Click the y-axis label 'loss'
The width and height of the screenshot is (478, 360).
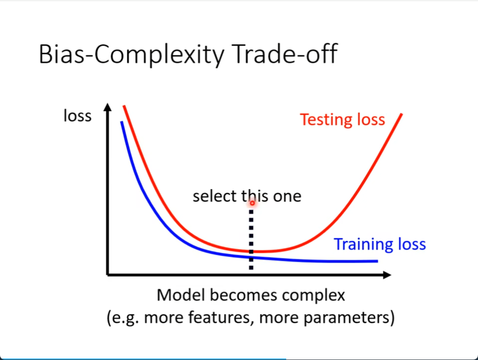[x=78, y=116]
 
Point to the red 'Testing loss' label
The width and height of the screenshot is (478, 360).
[x=343, y=119]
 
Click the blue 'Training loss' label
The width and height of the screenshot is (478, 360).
[x=380, y=244]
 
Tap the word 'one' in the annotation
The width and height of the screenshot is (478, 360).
[x=287, y=197]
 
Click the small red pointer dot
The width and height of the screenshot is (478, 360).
[x=252, y=203]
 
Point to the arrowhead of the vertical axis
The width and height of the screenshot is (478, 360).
[x=108, y=107]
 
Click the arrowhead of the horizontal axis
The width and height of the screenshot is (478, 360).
[x=387, y=275]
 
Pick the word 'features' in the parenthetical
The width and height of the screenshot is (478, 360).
[x=221, y=317]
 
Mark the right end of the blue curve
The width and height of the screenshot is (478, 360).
[x=378, y=261]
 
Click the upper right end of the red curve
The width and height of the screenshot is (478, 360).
[x=401, y=114]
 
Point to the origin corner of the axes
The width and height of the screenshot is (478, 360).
[x=108, y=275]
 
